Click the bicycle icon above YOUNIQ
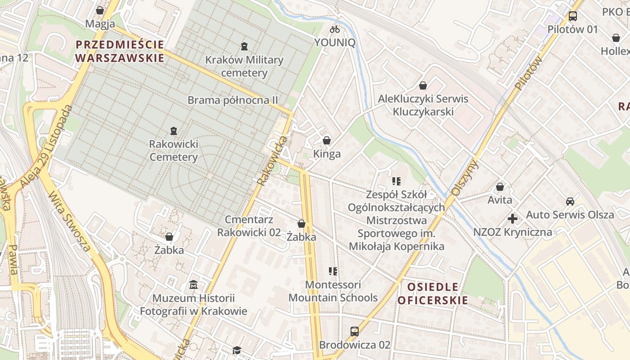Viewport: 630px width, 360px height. pos(335,29)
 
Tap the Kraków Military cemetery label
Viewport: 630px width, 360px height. pos(244,66)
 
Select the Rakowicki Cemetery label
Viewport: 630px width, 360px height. pos(173,150)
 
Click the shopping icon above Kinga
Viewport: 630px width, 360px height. pos(327,140)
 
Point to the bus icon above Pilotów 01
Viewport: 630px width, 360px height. pos(572,16)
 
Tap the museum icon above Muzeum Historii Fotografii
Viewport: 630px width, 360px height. pos(193,285)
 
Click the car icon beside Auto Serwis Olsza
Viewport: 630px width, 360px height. pos(570,201)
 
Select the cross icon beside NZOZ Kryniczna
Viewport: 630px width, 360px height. pos(512,219)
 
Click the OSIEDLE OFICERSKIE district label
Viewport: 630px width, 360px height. pos(433,293)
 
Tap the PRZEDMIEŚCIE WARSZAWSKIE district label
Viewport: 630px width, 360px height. pos(120,51)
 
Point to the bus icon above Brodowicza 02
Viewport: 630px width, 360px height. pos(355,332)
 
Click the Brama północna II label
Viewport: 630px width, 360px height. pos(233,100)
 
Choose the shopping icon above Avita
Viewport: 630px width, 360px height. pos(499,187)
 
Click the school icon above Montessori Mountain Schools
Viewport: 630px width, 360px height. pos(333,271)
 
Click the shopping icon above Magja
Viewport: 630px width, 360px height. pos(100,10)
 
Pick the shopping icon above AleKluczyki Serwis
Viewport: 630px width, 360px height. pos(423,85)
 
